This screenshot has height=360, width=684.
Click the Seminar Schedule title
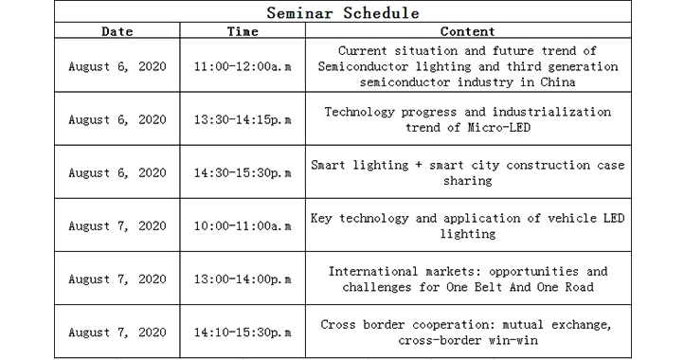(342, 13)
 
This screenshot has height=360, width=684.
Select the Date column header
(117, 31)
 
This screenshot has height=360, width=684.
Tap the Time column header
(243, 31)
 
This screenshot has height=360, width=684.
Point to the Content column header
(467, 31)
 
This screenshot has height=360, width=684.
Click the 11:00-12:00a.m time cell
(243, 66)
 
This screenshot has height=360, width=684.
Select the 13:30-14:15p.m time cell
(243, 120)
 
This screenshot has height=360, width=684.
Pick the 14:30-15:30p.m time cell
(243, 173)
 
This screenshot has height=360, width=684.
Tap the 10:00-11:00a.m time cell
(243, 226)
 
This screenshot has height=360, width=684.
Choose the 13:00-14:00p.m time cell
(243, 279)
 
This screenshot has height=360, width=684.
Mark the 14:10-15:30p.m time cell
(243, 333)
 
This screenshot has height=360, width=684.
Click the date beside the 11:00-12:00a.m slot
(117, 66)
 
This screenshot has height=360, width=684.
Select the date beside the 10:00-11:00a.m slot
(117, 226)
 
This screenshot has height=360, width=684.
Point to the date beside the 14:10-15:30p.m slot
(117, 333)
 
